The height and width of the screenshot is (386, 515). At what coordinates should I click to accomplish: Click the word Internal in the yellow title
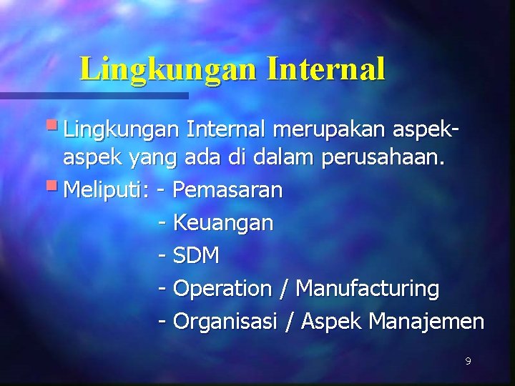(x=326, y=68)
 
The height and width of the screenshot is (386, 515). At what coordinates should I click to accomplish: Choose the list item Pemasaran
(x=228, y=190)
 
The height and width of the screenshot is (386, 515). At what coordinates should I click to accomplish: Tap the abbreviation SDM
(x=197, y=256)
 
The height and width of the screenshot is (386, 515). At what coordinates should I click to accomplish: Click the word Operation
(x=222, y=289)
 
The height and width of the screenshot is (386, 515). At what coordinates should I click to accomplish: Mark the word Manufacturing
(x=368, y=289)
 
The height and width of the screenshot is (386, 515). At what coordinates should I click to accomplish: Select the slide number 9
(x=468, y=362)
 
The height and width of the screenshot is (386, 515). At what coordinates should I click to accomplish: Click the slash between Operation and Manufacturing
(x=285, y=289)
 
